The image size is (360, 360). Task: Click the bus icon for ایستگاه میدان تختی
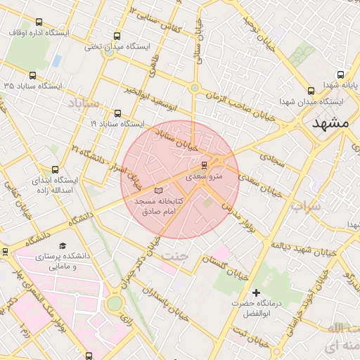click(116, 36)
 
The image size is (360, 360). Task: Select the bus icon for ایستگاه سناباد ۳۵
click(32, 75)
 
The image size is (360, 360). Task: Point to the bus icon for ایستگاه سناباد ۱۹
click(117, 112)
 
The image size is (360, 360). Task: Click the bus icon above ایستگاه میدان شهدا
click(311, 91)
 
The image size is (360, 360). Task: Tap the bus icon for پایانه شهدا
click(341, 75)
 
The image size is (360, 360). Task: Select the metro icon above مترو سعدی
click(204, 166)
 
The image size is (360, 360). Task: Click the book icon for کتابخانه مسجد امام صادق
click(158, 191)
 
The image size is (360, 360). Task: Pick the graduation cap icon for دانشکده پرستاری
click(63, 246)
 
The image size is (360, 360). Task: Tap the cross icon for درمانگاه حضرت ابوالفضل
click(256, 292)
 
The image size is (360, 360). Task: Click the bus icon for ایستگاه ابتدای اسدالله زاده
click(56, 169)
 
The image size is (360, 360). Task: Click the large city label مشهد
click(331, 122)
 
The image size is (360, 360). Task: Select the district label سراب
click(305, 207)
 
